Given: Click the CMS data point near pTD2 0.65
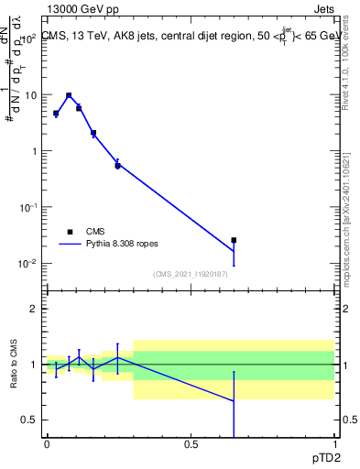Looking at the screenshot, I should [234, 240].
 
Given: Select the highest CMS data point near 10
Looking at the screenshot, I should [69, 95].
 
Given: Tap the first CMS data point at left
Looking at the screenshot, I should [56, 114].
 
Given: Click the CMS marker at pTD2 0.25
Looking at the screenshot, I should [117, 166].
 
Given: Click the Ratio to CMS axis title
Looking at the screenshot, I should [15, 365].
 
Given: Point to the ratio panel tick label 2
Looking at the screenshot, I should [34, 309].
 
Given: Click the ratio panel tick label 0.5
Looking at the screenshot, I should [30, 420].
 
